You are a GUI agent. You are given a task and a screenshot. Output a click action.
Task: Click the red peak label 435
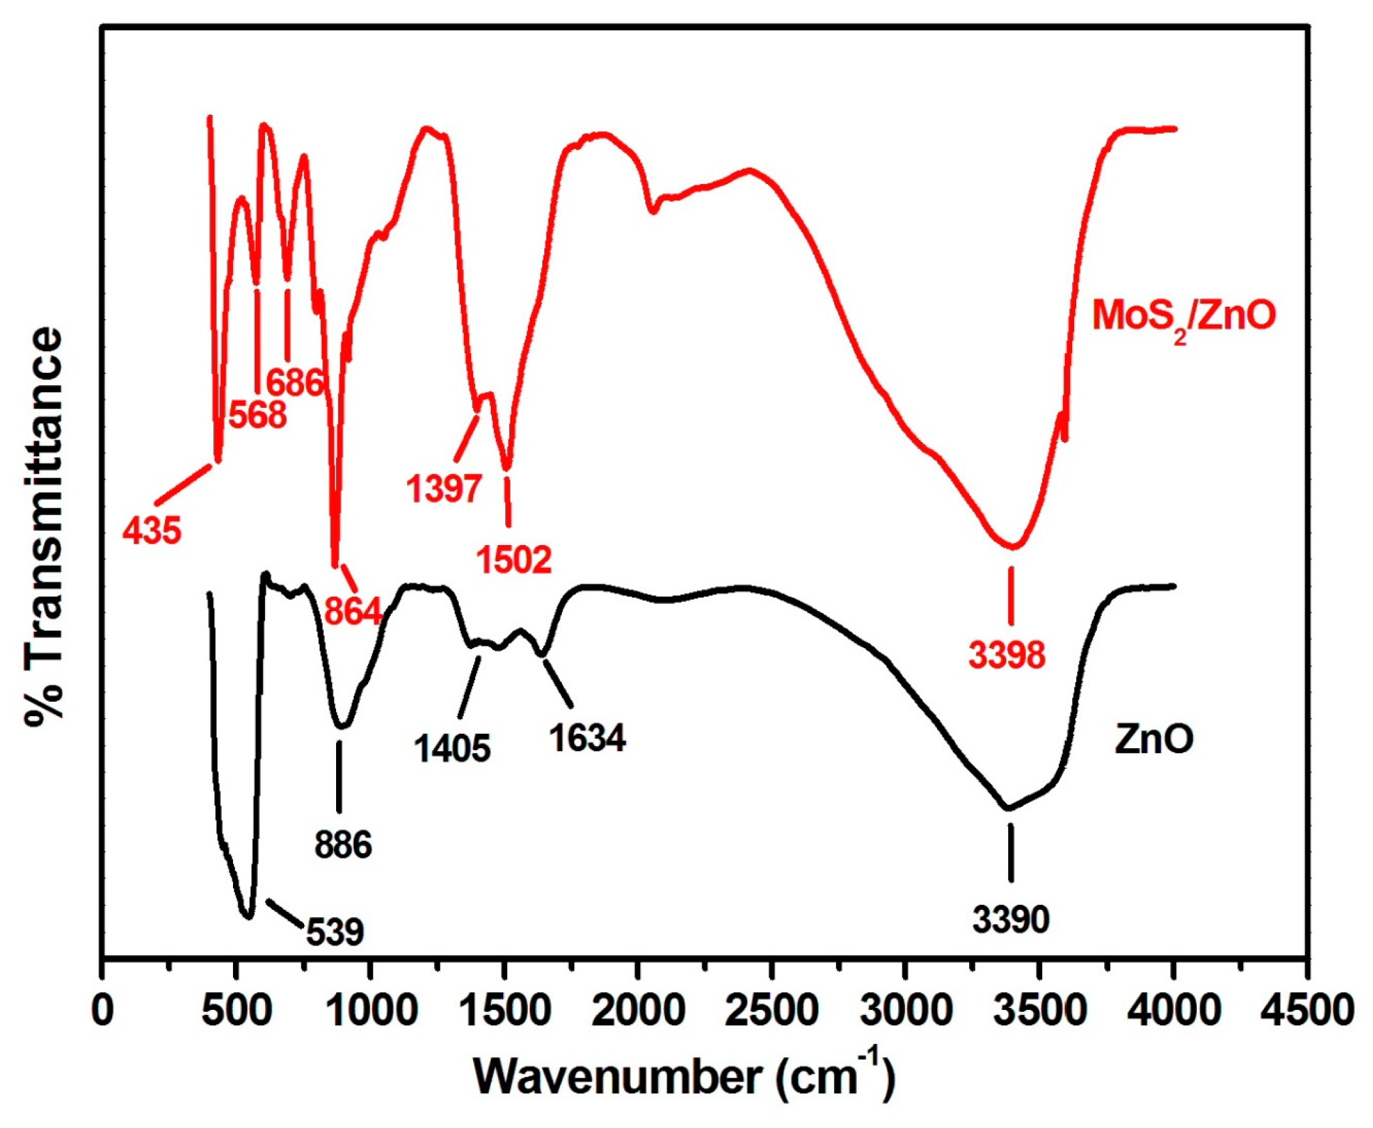152,530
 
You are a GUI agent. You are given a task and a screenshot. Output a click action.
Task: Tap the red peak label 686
295,383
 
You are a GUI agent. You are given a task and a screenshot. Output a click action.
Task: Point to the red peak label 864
353,611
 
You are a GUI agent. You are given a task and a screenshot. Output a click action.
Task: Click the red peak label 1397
444,488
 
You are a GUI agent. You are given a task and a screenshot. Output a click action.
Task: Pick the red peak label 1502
514,559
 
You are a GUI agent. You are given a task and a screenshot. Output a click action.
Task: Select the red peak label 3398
1007,655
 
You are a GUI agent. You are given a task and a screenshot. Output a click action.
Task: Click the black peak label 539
335,932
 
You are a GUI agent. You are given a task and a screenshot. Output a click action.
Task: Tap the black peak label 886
343,845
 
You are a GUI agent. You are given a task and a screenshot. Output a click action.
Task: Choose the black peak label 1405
452,747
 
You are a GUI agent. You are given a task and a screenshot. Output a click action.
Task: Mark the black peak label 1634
587,738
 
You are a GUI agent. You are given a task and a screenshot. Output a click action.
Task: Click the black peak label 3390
1011,919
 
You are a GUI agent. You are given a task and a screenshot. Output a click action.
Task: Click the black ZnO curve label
1154,740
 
